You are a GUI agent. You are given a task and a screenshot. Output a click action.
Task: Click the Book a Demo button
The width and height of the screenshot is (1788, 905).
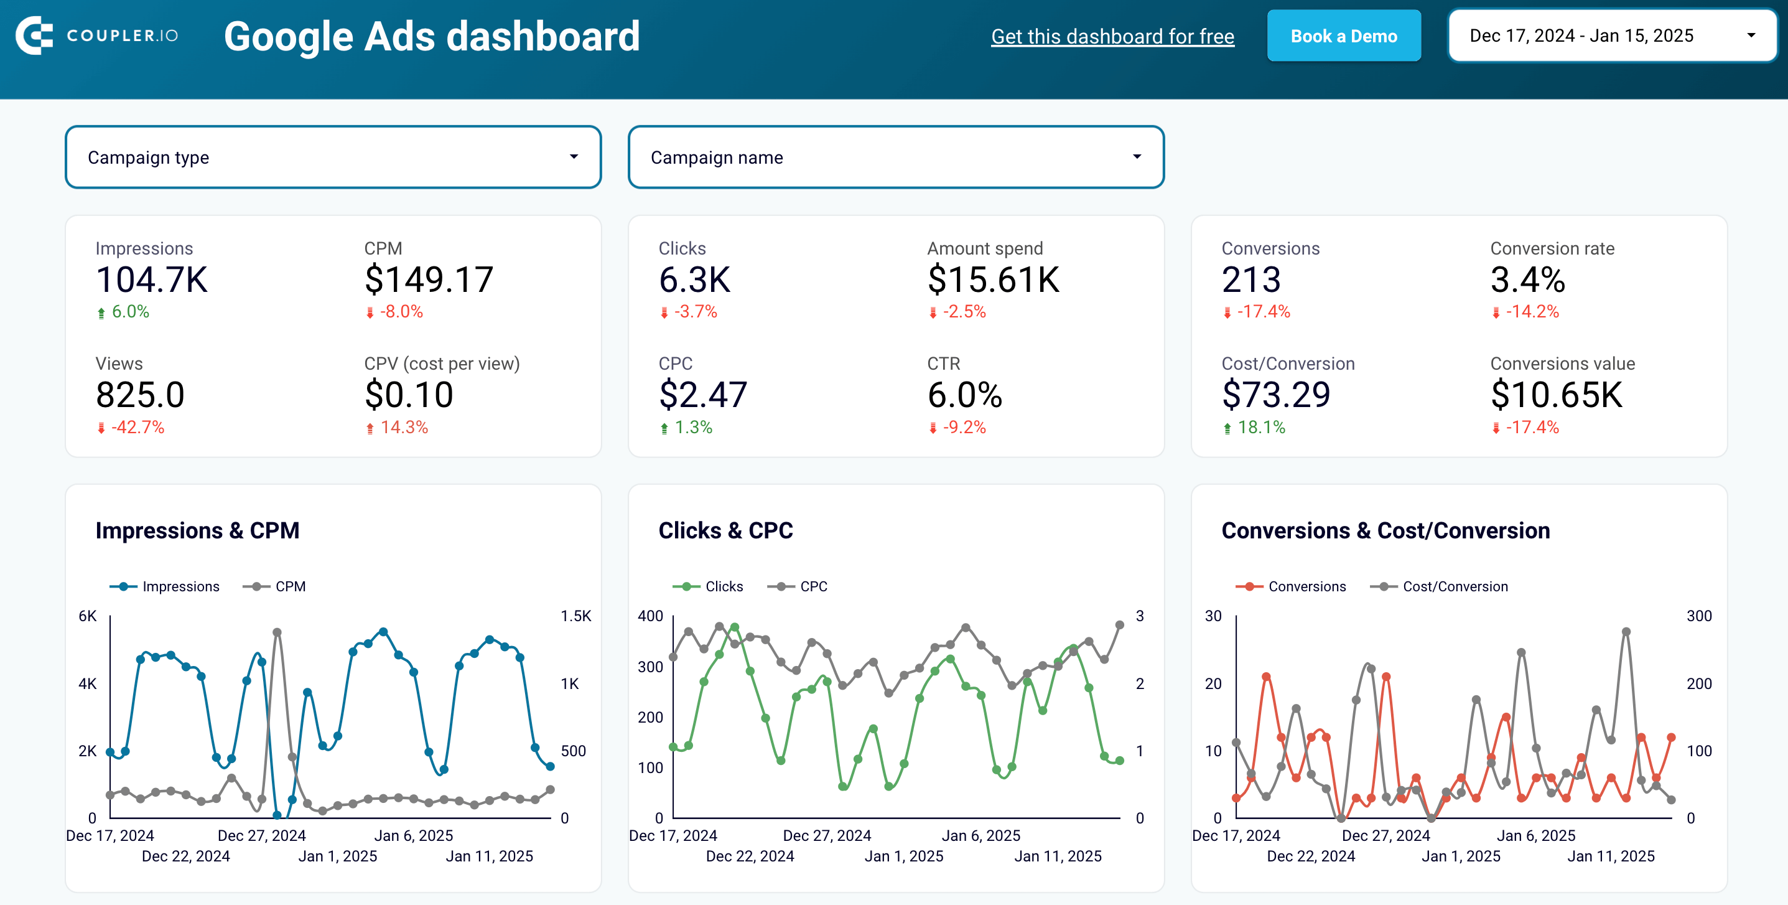(1343, 36)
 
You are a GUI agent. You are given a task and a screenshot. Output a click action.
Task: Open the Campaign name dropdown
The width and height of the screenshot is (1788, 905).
(895, 157)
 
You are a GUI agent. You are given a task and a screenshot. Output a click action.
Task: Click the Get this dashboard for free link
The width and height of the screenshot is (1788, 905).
(1112, 36)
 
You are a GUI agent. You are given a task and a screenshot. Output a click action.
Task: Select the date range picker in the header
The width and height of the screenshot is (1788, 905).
(1611, 35)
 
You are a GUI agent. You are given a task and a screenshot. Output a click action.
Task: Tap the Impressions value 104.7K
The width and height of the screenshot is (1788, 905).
(151, 280)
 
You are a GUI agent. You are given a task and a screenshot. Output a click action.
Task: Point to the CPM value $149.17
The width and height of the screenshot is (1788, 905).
(428, 280)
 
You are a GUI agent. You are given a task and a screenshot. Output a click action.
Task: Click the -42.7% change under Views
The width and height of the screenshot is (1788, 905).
(137, 427)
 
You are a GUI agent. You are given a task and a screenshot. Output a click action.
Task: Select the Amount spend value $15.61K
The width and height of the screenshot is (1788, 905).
(992, 280)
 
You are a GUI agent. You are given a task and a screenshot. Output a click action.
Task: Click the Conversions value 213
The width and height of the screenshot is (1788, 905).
(1250, 280)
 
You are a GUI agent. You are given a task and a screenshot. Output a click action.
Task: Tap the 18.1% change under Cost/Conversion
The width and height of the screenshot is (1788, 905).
(1260, 427)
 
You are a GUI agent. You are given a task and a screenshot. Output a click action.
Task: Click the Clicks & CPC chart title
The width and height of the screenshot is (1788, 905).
(725, 531)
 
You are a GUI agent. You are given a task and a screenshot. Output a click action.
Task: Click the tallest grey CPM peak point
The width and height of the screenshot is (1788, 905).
(277, 632)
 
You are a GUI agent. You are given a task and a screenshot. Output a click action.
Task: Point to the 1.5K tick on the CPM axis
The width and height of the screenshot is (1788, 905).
(575, 616)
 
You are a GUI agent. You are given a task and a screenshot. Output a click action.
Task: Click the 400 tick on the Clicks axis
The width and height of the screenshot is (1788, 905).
(650, 616)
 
